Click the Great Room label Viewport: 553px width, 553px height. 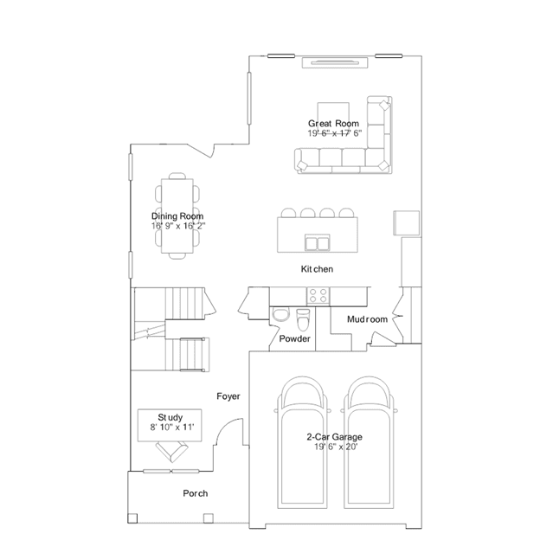(x=333, y=124)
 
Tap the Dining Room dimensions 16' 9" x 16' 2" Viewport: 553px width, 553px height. (x=178, y=226)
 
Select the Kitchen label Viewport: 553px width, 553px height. (x=317, y=269)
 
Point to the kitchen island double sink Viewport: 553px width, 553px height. (x=318, y=242)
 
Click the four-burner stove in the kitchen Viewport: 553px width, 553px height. (x=318, y=296)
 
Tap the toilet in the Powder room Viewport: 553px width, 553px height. (x=303, y=318)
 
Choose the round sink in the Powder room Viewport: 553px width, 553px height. (x=280, y=315)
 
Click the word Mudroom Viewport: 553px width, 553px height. (x=367, y=319)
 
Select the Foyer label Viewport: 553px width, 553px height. (x=228, y=396)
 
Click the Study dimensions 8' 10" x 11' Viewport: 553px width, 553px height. (x=172, y=428)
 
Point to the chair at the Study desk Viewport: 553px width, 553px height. (x=171, y=452)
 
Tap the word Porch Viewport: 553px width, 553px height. (x=195, y=493)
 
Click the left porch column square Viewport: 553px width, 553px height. (x=132, y=518)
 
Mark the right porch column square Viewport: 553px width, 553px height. (x=209, y=518)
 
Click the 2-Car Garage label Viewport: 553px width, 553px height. (x=334, y=437)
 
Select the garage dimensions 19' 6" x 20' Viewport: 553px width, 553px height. (x=336, y=447)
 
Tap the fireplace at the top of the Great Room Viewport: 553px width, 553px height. (x=335, y=62)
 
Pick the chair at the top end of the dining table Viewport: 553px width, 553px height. (x=177, y=176)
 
